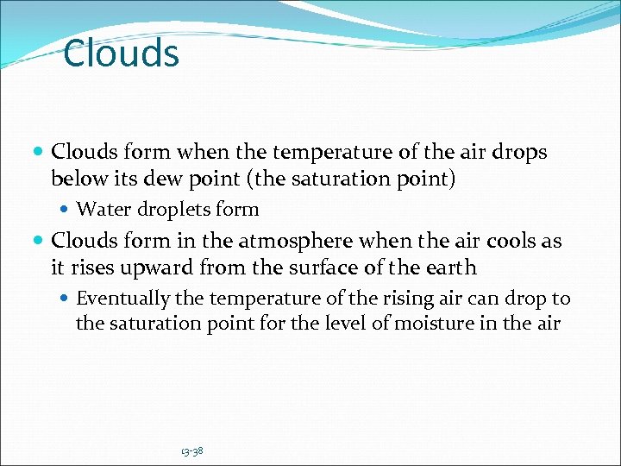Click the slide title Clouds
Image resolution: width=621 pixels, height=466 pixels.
(x=122, y=54)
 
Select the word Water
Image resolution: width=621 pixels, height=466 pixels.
(x=100, y=210)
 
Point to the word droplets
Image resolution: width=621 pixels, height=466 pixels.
(x=171, y=210)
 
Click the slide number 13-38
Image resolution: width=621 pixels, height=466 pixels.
(x=192, y=450)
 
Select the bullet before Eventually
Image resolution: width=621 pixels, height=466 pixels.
(x=66, y=299)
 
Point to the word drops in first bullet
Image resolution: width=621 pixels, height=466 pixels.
(x=520, y=153)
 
